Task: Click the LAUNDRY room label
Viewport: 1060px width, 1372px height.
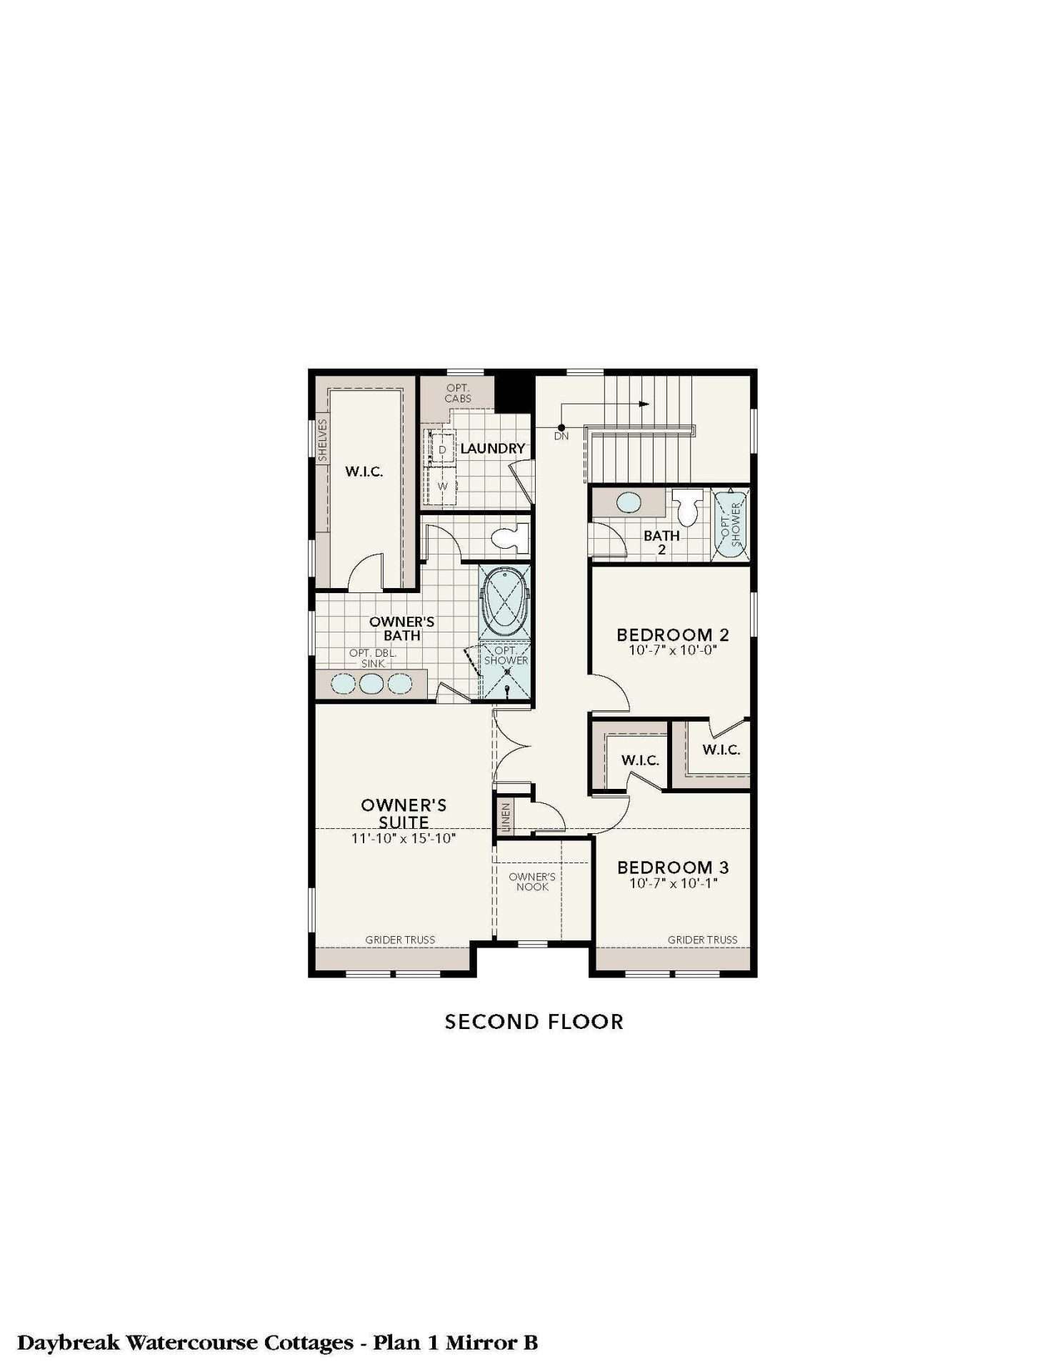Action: [492, 449]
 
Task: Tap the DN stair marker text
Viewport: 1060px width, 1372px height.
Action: [561, 436]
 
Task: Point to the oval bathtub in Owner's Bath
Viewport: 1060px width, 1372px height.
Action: [506, 602]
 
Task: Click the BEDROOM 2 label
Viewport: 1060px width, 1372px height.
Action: [673, 635]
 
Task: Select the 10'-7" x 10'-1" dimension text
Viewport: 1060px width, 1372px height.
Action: [673, 883]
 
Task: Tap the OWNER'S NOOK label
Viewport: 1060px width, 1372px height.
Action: [532, 882]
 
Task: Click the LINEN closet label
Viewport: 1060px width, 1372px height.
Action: [506, 817]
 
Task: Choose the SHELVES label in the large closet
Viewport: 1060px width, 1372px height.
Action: [323, 439]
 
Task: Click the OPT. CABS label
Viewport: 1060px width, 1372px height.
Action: [458, 393]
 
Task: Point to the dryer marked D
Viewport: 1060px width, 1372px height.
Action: [442, 449]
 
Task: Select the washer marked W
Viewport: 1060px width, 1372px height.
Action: [442, 486]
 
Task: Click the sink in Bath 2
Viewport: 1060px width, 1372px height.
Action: [629, 502]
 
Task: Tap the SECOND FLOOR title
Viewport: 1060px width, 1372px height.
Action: [534, 1022]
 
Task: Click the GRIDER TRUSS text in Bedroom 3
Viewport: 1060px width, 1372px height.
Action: [703, 940]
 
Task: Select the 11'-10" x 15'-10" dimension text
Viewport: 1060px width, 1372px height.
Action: [404, 838]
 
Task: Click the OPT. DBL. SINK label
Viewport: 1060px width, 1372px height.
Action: [373, 658]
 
